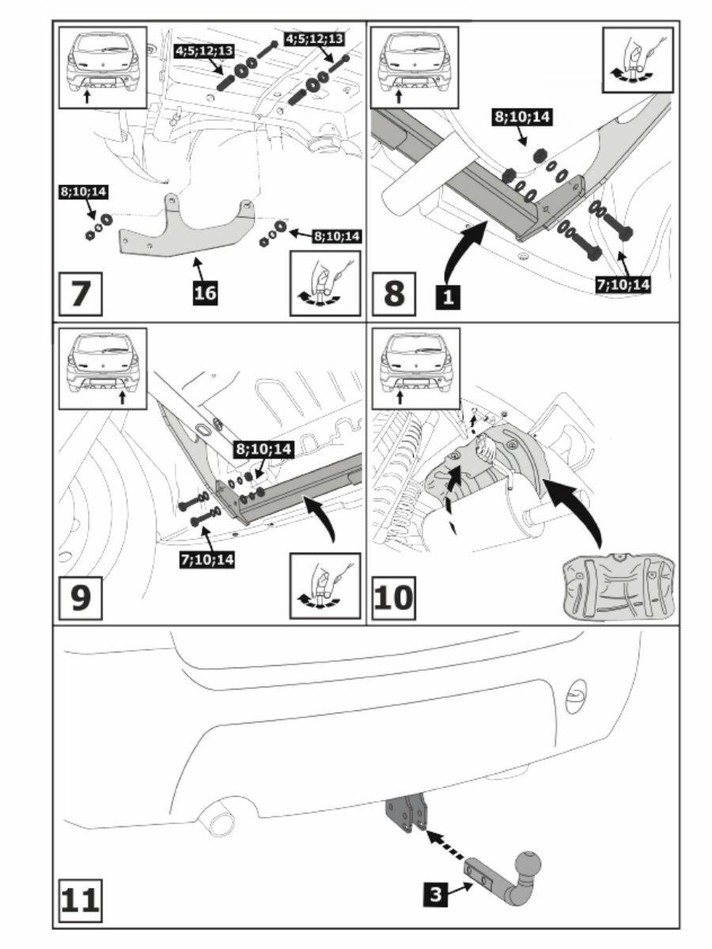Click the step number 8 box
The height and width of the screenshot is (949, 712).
pyautogui.click(x=393, y=293)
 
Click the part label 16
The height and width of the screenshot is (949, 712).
pyautogui.click(x=205, y=292)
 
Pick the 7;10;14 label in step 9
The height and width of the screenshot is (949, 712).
pyautogui.click(x=209, y=558)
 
